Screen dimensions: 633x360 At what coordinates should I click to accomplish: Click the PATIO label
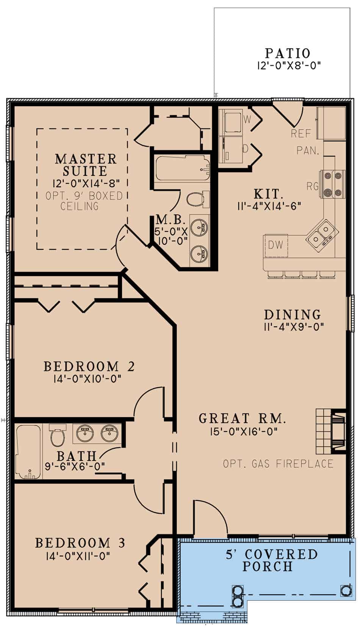point(288,53)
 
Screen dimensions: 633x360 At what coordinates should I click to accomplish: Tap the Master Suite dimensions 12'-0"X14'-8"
point(86,183)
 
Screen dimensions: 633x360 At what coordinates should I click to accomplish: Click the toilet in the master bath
point(196,199)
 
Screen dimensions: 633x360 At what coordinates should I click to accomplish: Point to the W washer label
point(247,120)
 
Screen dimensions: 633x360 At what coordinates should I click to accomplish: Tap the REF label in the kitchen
point(301,133)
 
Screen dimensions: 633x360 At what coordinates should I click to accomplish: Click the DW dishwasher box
point(276,245)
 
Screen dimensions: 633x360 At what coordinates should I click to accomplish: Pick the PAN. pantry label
point(308,151)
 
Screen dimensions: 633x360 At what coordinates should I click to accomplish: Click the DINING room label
point(292,315)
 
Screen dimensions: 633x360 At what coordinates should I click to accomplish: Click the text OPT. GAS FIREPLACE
point(278,464)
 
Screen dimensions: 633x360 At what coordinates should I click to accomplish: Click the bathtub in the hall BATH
point(29,452)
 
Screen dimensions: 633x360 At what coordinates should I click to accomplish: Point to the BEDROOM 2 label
point(89,367)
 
